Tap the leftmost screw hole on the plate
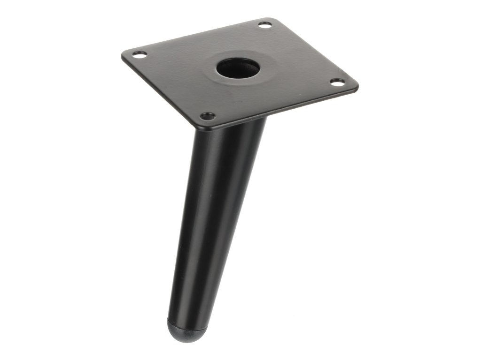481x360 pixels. click(137, 54)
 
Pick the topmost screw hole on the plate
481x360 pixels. click(265, 24)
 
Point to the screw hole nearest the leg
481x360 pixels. click(207, 115)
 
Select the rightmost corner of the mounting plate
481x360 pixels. click(357, 86)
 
